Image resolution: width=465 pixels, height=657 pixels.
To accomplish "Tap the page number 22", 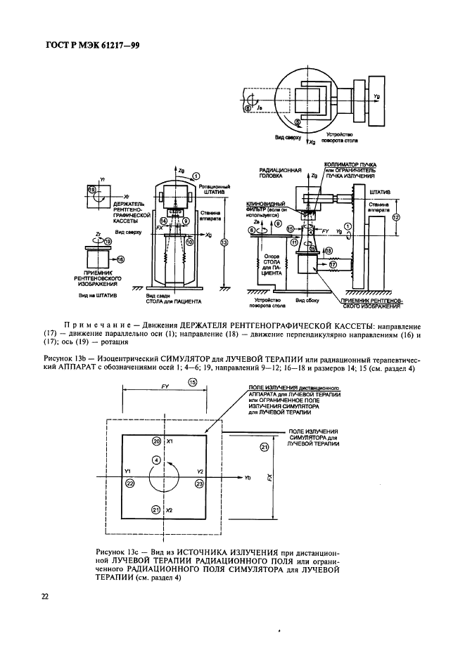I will (44, 597).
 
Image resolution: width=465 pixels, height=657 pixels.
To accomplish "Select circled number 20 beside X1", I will (157, 441).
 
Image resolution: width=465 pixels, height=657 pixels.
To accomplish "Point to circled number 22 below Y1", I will (129, 484).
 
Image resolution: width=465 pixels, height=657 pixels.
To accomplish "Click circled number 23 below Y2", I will (199, 484).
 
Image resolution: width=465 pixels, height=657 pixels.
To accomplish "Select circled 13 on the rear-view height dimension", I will (224, 243).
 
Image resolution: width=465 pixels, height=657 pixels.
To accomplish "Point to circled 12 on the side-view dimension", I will (396, 218).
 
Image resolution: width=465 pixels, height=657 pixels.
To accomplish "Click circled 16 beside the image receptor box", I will (120, 259).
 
